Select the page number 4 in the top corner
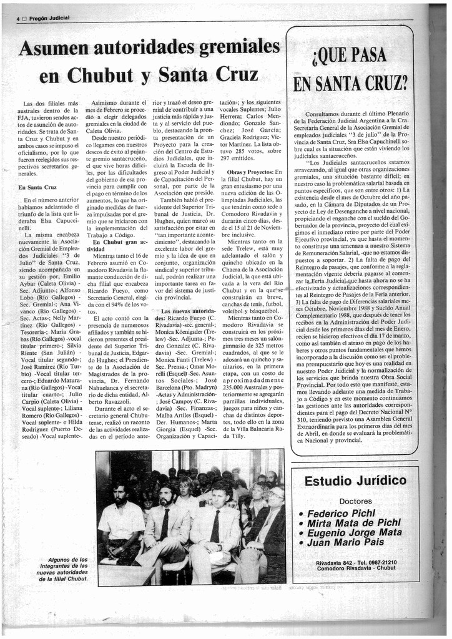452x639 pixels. [18, 19]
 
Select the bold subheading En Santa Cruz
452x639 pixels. [37, 187]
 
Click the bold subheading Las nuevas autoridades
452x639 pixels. [187, 310]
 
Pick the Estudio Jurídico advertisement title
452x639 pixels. [355, 481]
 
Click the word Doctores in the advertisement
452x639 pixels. [355, 500]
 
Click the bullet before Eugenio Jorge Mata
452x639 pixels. [302, 534]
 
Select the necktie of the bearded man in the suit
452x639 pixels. [164, 524]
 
